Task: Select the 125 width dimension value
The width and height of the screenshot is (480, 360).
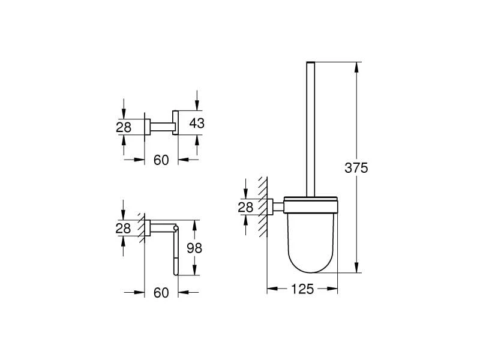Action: pos(302,289)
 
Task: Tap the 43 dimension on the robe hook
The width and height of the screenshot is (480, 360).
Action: pos(197,124)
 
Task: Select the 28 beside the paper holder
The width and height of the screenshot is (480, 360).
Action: pos(123,228)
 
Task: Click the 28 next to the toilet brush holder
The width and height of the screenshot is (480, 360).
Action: pos(246,207)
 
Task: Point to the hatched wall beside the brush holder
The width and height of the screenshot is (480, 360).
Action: pos(262,207)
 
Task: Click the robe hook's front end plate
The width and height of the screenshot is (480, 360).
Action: pos(176,123)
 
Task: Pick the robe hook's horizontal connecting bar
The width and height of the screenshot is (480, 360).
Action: pos(161,126)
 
